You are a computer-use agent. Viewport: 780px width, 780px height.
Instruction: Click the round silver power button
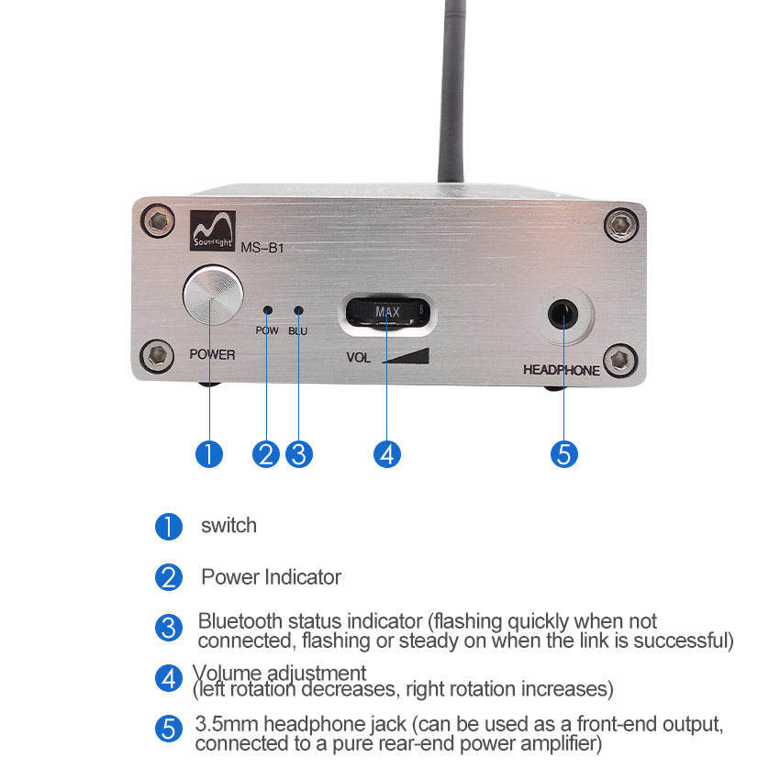(214, 295)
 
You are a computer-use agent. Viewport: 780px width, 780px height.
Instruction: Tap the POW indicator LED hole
(268, 310)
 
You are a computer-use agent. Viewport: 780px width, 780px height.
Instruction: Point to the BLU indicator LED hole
(298, 310)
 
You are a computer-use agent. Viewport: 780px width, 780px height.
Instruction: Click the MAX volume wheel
(387, 312)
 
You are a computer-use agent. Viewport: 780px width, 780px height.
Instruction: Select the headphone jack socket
(563, 315)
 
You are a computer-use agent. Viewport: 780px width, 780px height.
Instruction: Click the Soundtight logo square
(212, 230)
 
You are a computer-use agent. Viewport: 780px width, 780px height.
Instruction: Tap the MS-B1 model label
(262, 248)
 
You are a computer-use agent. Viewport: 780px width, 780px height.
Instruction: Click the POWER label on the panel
(212, 354)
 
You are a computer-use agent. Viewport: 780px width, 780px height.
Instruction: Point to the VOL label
(358, 358)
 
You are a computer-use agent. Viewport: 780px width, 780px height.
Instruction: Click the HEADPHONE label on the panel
(561, 370)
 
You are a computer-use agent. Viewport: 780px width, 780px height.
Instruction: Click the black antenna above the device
(452, 91)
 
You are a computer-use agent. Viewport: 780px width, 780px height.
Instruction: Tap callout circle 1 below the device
(209, 454)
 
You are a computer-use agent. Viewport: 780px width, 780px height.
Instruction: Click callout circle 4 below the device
(387, 454)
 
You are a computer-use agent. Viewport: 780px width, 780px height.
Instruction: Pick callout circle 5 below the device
(564, 454)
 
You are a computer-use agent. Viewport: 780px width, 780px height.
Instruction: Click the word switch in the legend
(228, 526)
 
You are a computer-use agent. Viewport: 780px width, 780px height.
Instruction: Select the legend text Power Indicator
(271, 577)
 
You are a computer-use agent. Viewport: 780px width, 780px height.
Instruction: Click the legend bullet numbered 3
(169, 628)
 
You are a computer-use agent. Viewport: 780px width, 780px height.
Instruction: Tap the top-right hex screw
(621, 225)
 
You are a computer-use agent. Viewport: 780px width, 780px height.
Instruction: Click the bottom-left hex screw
(158, 356)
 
